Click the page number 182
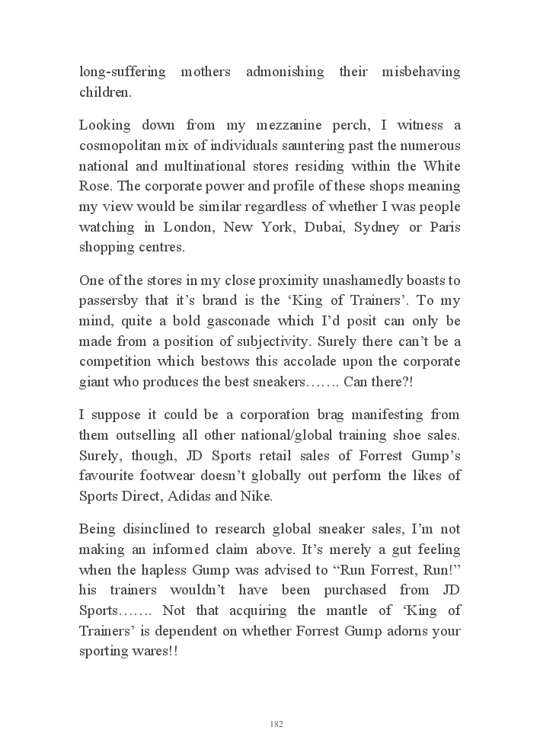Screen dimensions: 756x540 coord(276,724)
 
